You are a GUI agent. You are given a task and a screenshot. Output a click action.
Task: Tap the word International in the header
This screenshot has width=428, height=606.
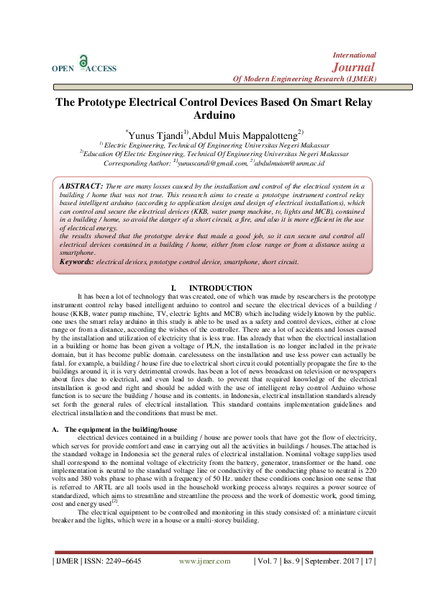pyautogui.click(x=355, y=54)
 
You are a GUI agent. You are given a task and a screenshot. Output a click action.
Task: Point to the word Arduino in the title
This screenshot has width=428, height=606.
pyautogui.click(x=214, y=115)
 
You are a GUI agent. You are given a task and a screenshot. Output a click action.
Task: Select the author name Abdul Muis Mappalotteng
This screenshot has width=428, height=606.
pyautogui.click(x=237, y=134)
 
